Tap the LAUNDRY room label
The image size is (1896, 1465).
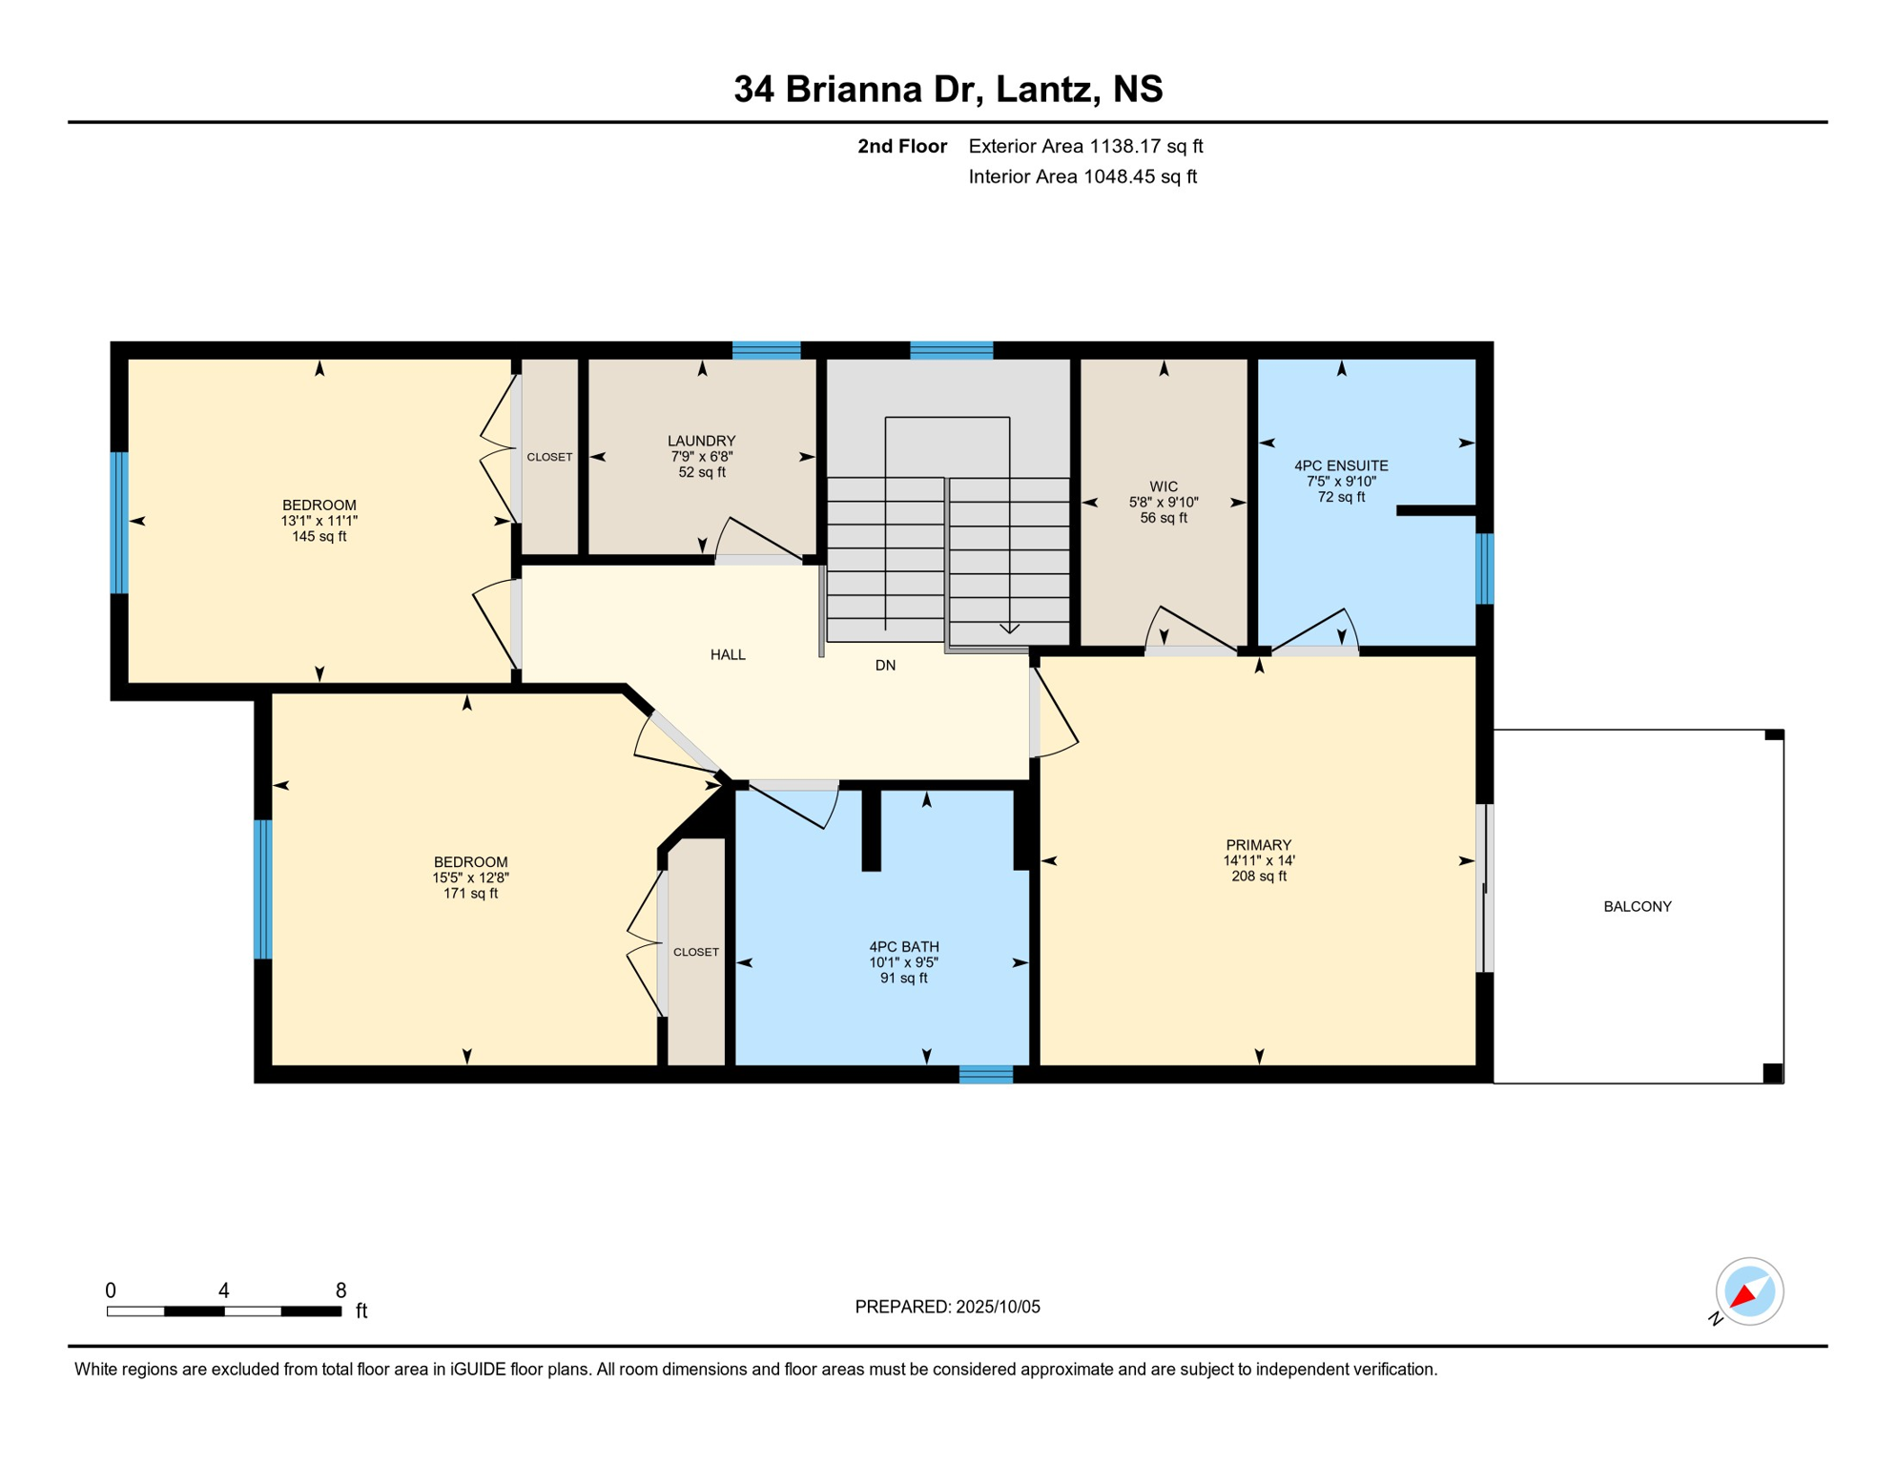tap(701, 441)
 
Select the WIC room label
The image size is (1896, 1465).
tap(1164, 486)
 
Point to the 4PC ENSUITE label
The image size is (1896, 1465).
tap(1341, 465)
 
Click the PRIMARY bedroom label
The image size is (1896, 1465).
tap(1258, 845)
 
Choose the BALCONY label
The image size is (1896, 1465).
tap(1638, 906)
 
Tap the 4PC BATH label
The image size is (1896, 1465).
tap(903, 947)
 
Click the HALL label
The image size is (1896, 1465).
tap(728, 654)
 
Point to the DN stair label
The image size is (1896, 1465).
tap(885, 665)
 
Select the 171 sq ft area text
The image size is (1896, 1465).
tap(470, 894)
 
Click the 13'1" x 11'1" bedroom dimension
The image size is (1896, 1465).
tap(319, 521)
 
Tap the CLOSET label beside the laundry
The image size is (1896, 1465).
tap(549, 457)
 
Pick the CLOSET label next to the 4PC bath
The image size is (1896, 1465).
tap(696, 952)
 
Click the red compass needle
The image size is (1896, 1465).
tap(1744, 1295)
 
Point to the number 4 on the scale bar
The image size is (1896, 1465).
tap(224, 1290)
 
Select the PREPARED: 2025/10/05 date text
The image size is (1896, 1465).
tap(947, 1307)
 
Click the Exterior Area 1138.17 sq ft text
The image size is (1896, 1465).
tap(1085, 146)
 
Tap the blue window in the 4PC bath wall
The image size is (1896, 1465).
tap(985, 1075)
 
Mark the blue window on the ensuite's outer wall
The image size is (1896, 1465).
tap(1485, 568)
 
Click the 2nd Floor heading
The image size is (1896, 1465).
tap(901, 146)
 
